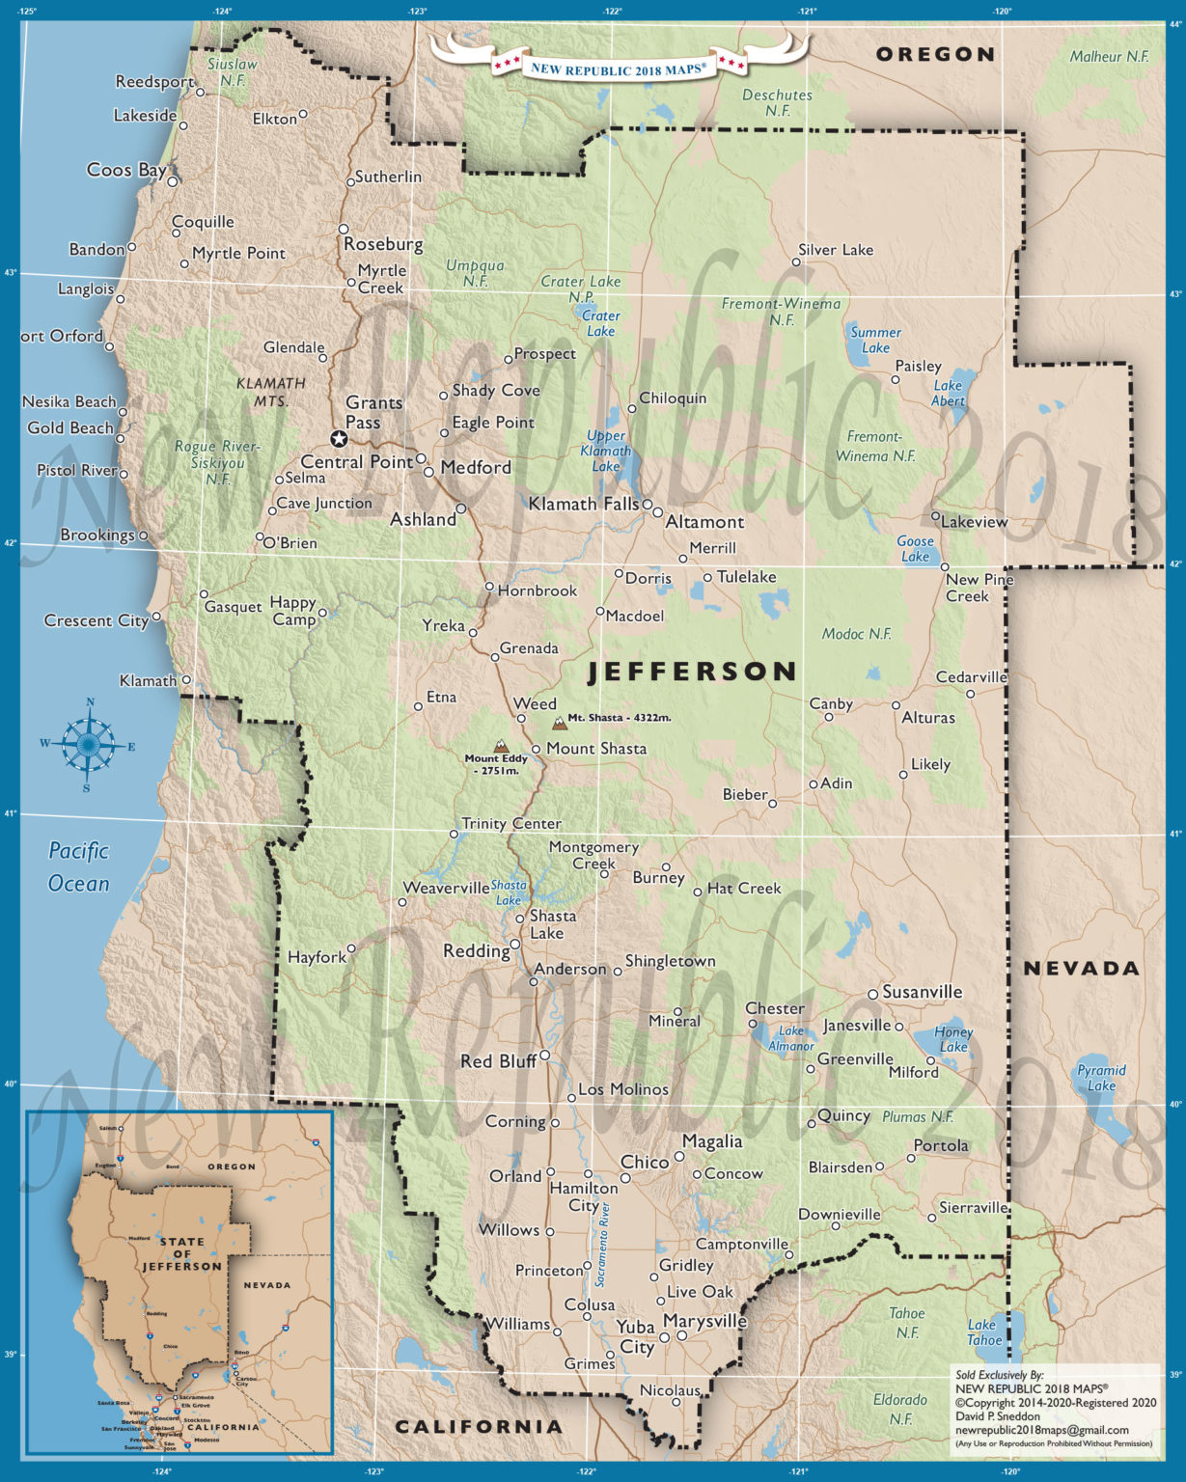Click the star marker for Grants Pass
339,439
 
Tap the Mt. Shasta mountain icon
559,722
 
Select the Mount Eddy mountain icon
500,745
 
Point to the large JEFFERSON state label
693,672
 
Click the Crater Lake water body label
600,323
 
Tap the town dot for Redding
515,945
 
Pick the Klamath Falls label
583,504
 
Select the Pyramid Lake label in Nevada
1101,1078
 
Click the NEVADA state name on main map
1081,968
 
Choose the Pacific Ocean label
78,867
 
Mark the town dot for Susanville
872,994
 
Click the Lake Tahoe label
984,1332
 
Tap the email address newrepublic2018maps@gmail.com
1041,1430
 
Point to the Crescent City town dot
156,617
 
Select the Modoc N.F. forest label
856,634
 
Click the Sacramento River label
603,1245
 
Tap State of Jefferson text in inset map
181,1253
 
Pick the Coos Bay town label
126,170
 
